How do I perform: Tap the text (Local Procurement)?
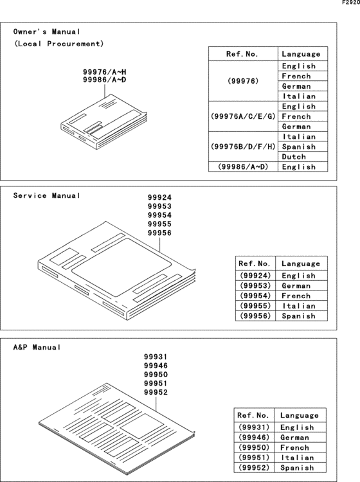(59, 44)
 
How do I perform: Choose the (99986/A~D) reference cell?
(243, 167)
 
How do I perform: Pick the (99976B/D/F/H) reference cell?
(243, 147)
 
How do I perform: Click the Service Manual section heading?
(48, 195)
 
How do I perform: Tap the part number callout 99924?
(159, 198)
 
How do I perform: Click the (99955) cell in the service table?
(256, 306)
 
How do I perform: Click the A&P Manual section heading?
(37, 347)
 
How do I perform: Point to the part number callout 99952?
(156, 393)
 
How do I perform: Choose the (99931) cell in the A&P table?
(254, 427)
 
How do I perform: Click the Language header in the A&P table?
(299, 416)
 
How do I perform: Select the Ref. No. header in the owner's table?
(243, 54)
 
